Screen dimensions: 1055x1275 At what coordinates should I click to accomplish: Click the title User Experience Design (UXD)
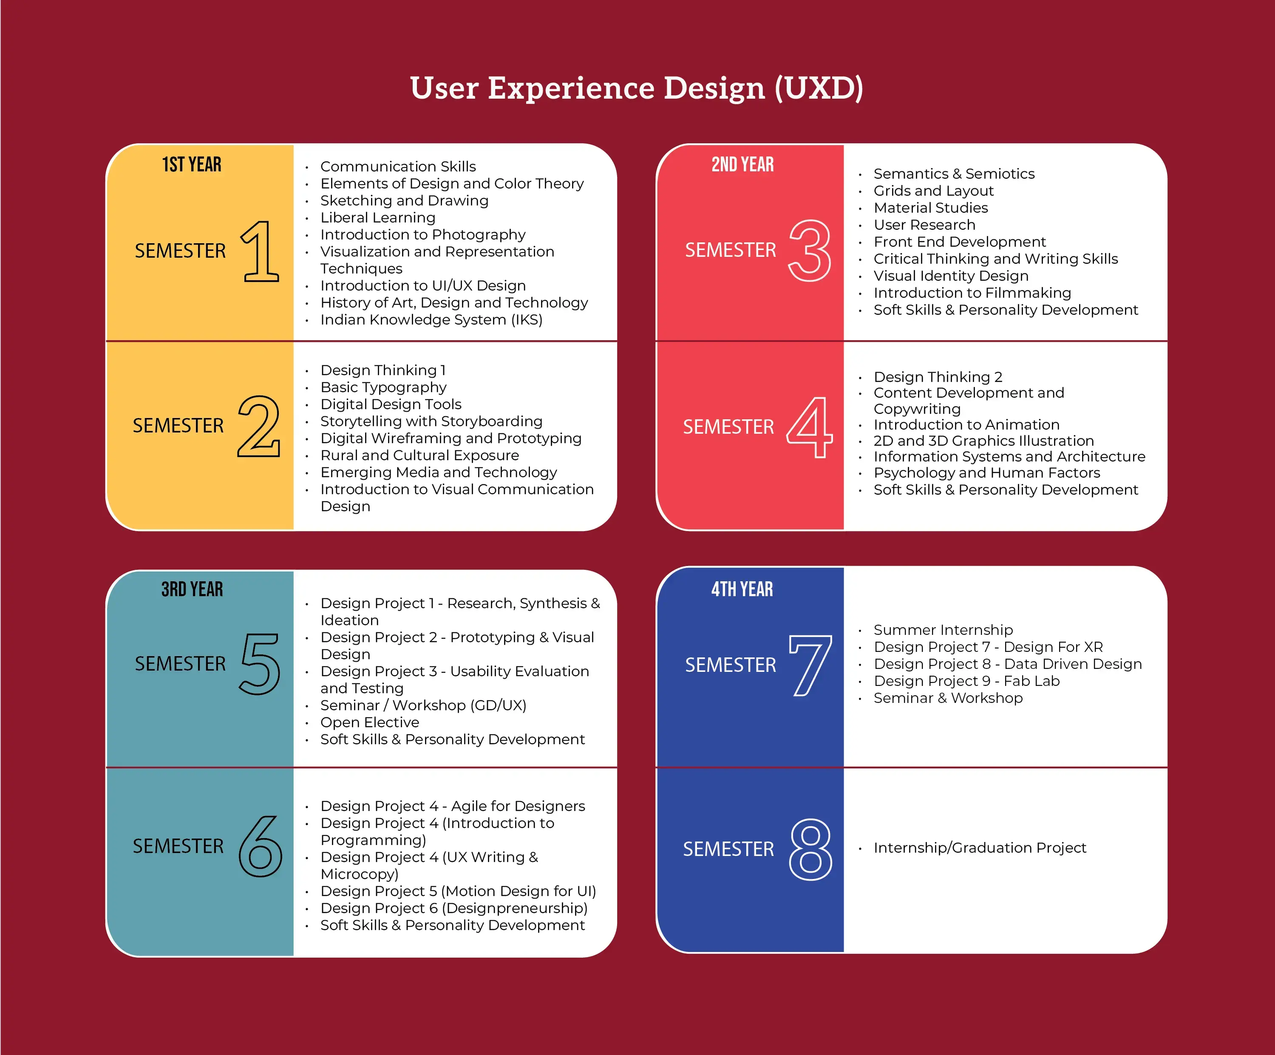click(636, 88)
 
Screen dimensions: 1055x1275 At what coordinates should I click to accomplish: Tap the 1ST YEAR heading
click(192, 165)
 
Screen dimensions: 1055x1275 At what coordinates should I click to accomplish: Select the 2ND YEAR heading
click(742, 165)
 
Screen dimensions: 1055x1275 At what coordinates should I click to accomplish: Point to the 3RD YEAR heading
click(192, 589)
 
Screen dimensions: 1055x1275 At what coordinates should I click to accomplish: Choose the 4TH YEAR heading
click(742, 589)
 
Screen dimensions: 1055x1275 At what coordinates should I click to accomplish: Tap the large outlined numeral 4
click(810, 427)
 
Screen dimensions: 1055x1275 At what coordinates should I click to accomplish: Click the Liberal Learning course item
click(378, 217)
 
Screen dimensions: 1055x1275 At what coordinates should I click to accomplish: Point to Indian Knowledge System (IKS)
click(431, 319)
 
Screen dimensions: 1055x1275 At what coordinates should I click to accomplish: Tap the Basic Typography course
click(383, 387)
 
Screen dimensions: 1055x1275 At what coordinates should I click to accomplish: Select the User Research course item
click(924, 225)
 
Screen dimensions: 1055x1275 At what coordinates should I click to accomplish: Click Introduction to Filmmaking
click(972, 293)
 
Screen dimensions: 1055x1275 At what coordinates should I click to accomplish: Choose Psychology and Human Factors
click(986, 472)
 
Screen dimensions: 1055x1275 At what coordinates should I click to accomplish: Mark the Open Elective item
click(370, 722)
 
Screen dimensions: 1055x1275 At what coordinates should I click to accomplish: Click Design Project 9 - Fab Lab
click(966, 681)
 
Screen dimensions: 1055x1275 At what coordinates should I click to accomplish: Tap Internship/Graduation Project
click(979, 847)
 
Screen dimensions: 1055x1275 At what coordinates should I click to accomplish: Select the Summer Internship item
click(943, 630)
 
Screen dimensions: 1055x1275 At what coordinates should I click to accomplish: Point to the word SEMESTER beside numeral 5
click(180, 664)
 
